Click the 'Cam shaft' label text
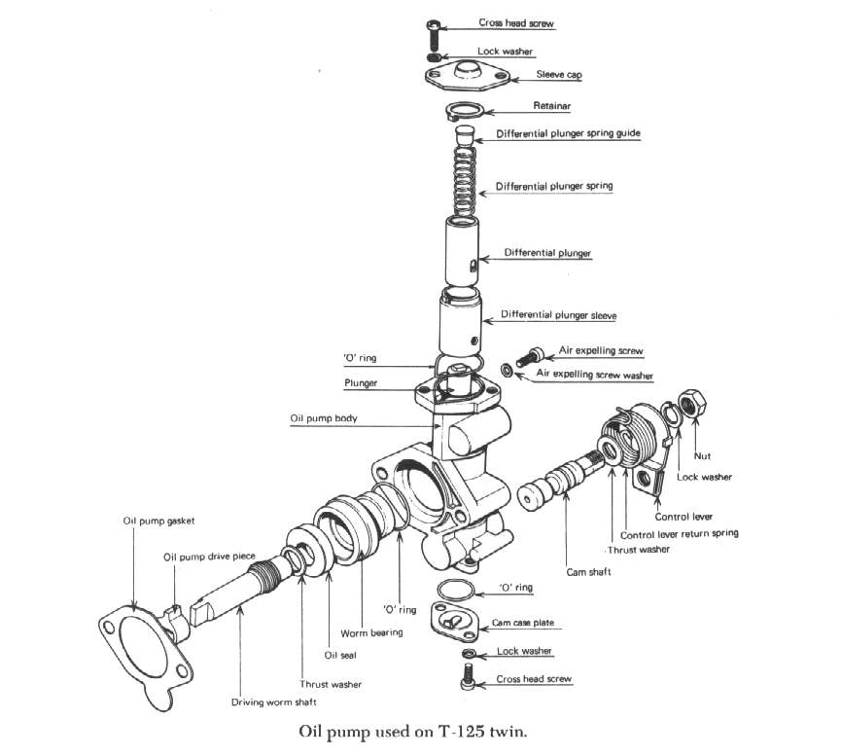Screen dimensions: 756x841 tap(588, 572)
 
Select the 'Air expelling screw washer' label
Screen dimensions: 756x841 tap(592, 375)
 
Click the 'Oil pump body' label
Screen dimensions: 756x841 tap(324, 417)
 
